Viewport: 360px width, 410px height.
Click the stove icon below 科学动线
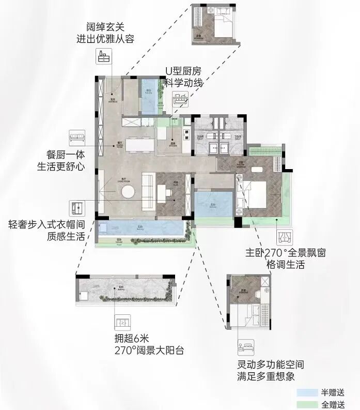181,99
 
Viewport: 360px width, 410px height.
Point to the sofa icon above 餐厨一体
77,138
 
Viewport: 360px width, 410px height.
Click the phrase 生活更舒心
61,166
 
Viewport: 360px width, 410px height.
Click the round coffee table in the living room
129,192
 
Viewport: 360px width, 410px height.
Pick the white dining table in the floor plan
138,145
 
